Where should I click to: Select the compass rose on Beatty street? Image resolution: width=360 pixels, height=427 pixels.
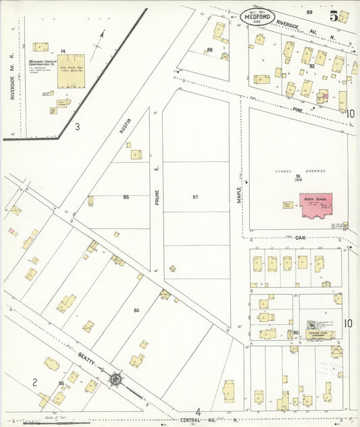point(116,380)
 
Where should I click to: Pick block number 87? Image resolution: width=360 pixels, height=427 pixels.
point(195,197)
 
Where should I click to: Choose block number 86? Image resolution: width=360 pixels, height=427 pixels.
point(126,197)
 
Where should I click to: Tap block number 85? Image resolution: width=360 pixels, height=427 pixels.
point(136,310)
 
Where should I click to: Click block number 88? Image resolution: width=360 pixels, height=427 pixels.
point(210,50)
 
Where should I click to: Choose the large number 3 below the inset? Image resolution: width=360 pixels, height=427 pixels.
point(77,126)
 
